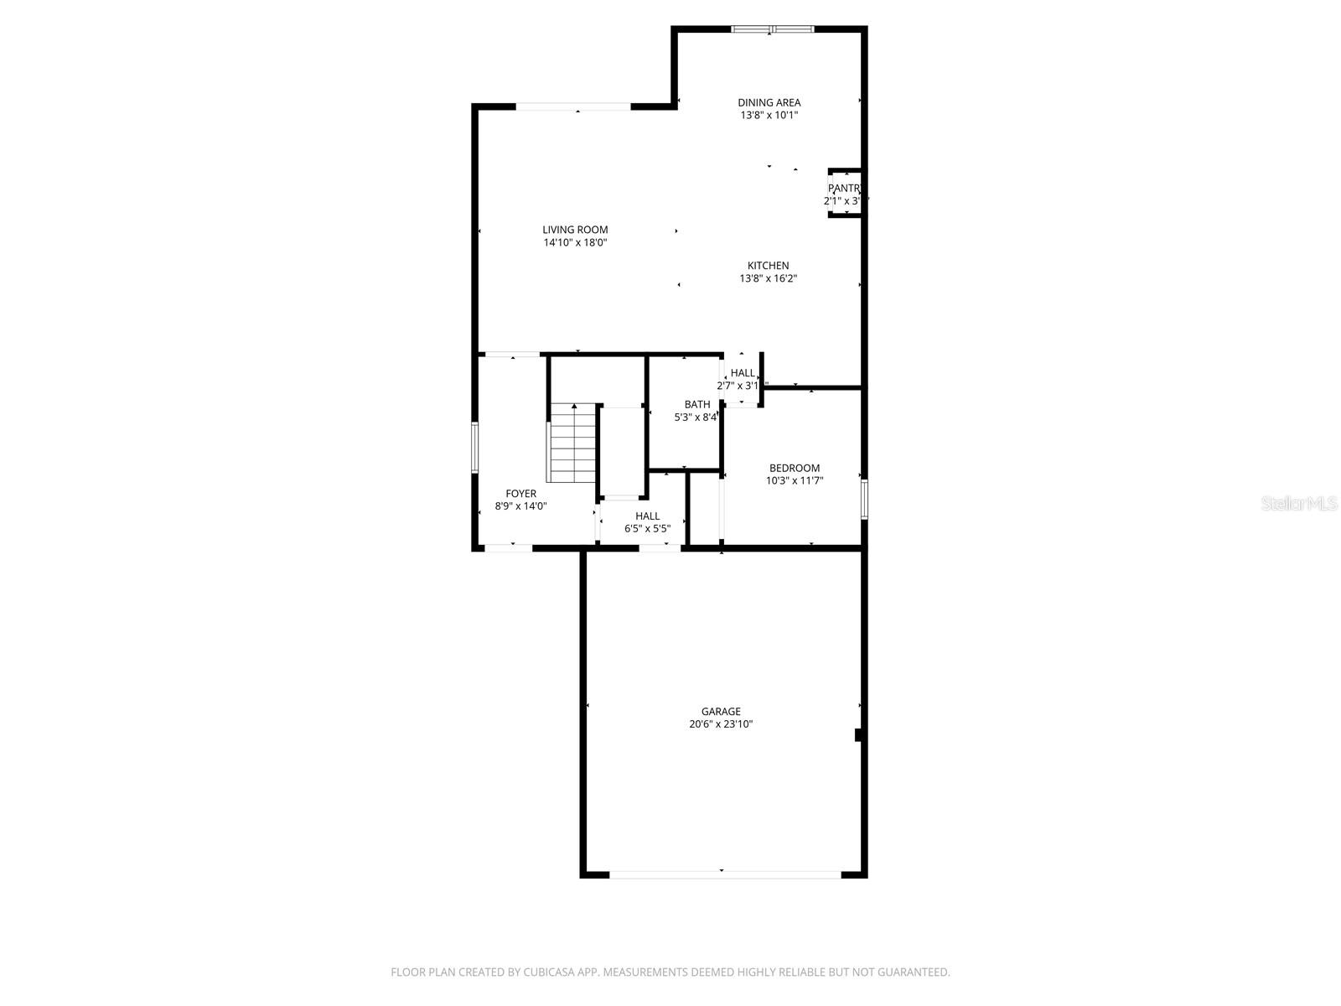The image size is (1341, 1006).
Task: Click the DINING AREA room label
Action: (769, 102)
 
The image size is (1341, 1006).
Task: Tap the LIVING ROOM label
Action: (575, 230)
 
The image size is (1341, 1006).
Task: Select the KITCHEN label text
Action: (768, 266)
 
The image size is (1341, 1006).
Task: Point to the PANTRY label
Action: (844, 189)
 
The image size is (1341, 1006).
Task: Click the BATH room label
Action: (696, 404)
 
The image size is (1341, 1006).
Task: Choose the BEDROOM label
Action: (795, 468)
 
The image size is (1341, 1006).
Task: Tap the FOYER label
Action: (520, 494)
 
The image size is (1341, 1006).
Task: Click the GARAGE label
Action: (721, 712)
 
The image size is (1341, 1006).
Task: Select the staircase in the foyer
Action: (572, 443)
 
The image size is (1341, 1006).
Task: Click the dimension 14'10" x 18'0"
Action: (575, 243)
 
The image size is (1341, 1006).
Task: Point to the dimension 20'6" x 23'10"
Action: (721, 724)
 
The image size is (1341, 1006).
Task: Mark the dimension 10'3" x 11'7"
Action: (795, 481)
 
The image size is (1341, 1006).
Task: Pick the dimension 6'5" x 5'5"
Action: (647, 529)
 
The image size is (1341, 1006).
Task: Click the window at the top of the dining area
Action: (772, 29)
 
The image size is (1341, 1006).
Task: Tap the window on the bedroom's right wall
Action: (864, 500)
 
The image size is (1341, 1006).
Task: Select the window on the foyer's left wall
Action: (474, 447)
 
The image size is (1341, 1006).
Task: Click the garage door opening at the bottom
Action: (724, 874)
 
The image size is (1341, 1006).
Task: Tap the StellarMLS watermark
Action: (1299, 504)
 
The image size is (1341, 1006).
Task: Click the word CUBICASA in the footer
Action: (549, 972)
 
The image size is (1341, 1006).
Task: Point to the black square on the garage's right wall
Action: (859, 734)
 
